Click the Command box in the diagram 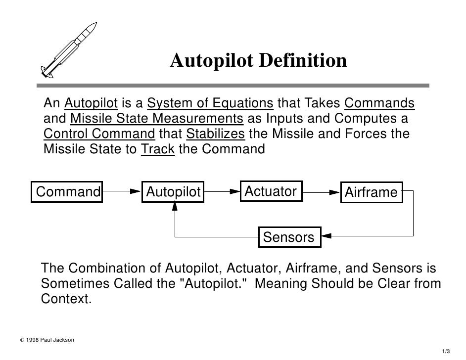coord(68,192)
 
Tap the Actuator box coord(271,191)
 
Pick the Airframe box coord(371,192)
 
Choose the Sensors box coord(289,237)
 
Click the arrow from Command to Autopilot coord(121,191)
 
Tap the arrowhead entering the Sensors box coord(326,237)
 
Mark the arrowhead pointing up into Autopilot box coord(174,207)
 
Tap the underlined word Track coord(158,149)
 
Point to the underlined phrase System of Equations coord(210,104)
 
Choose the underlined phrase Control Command coord(99,134)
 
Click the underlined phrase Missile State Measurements coord(157,119)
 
